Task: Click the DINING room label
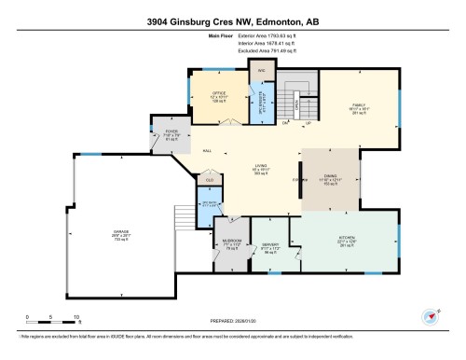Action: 330,179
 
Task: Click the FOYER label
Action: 171,133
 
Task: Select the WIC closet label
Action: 262,70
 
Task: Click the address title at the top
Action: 233,21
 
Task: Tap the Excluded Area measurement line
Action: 234,53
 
